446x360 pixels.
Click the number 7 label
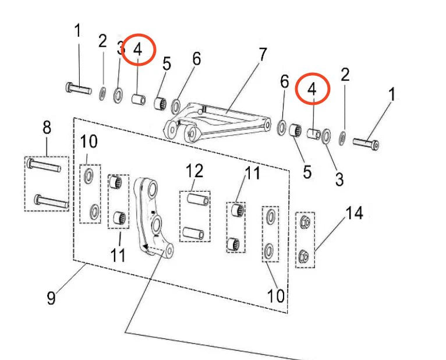coord(262,55)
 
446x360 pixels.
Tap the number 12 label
coord(194,171)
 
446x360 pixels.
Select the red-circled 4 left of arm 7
coord(137,50)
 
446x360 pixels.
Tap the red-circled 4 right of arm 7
coord(312,90)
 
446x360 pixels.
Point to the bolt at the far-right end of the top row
coord(366,142)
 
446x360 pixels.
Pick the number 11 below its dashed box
coord(118,255)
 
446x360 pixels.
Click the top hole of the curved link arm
coord(149,189)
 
